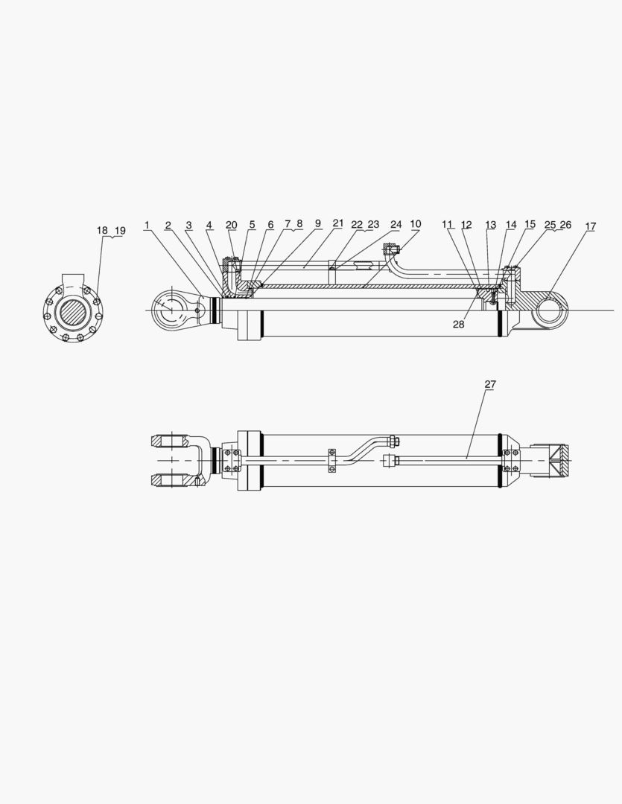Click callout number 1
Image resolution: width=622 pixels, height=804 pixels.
147,225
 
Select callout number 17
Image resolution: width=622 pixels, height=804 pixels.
590,226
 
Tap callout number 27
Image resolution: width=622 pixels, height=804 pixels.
490,384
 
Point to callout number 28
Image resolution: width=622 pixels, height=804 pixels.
459,323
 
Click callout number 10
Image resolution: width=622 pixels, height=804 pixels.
415,224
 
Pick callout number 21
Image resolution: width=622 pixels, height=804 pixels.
338,223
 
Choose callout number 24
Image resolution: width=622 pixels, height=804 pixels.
396,224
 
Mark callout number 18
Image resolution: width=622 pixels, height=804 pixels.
102,230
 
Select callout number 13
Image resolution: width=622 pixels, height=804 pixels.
490,225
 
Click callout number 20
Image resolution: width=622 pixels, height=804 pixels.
232,225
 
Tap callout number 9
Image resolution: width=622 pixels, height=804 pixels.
318,223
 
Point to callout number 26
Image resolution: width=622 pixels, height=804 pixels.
565,224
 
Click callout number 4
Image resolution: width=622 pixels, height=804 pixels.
209,225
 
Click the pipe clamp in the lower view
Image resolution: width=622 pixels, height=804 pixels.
331,459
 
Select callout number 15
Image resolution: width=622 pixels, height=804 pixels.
530,224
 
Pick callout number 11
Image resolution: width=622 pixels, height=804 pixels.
447,224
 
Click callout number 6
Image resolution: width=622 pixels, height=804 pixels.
270,225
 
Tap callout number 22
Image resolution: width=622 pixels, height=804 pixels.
357,224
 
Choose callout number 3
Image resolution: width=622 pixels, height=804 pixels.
188,225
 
